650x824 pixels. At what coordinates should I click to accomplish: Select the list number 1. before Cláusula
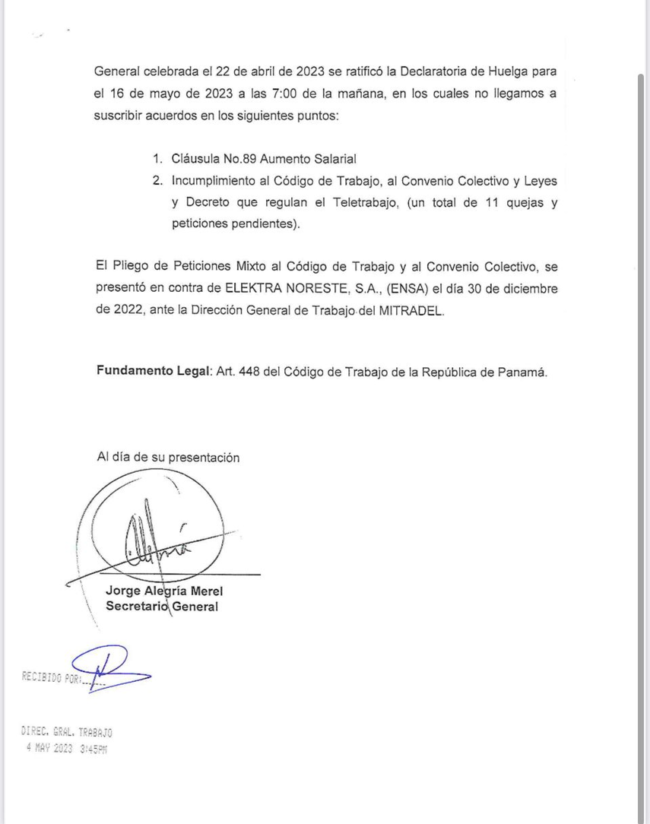157,159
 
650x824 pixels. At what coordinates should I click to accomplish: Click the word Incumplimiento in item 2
215,181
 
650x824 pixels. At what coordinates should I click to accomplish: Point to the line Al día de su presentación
168,458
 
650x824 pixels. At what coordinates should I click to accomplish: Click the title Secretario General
162,607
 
